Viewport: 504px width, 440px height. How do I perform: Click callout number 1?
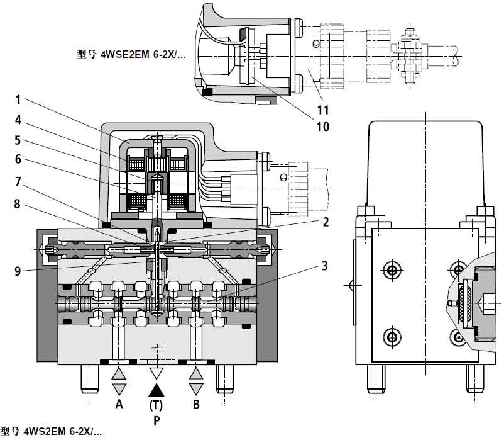[x=18, y=99]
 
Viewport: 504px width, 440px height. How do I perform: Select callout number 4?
[x=18, y=119]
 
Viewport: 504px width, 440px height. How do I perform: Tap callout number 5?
[x=18, y=139]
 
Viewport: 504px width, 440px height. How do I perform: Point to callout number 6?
[x=18, y=159]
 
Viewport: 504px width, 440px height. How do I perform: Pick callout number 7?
[x=18, y=181]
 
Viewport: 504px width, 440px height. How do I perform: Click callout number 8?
[x=18, y=203]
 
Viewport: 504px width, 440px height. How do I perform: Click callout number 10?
[x=322, y=127]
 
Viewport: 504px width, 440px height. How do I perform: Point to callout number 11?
[x=322, y=110]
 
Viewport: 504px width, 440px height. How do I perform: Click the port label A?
[x=119, y=405]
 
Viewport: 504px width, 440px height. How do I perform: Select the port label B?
[x=196, y=405]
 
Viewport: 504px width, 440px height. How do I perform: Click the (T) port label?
[x=157, y=405]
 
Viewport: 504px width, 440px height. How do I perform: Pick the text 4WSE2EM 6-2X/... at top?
[x=131, y=54]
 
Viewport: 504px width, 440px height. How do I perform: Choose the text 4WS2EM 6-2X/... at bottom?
[x=52, y=432]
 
